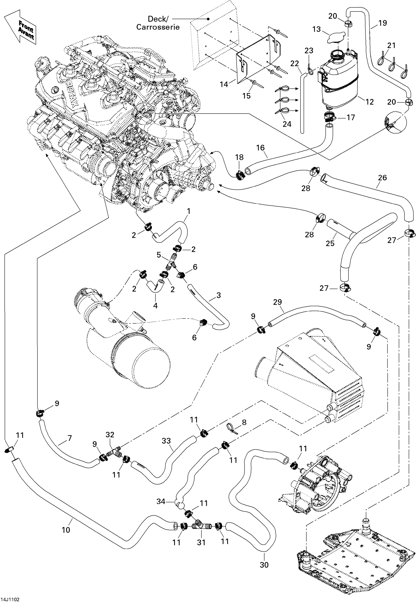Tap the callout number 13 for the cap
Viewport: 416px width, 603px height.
pyautogui.click(x=316, y=29)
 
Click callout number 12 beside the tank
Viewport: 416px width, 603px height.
pyautogui.click(x=370, y=102)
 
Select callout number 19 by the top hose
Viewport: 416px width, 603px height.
pyautogui.click(x=382, y=23)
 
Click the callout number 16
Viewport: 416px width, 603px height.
pyautogui.click(x=260, y=148)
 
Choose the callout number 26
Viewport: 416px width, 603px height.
pyautogui.click(x=382, y=178)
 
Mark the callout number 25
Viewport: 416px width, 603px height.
pyautogui.click(x=330, y=243)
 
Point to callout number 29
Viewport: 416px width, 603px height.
pyautogui.click(x=277, y=302)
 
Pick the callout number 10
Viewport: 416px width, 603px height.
pyautogui.click(x=66, y=530)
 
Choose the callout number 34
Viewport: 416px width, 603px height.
pyautogui.click(x=161, y=501)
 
